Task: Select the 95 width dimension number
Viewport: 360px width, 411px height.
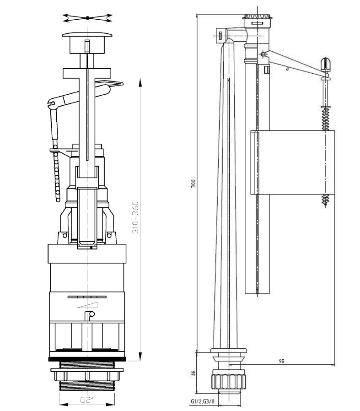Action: click(x=281, y=361)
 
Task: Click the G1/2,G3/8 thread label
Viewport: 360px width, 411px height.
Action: click(x=202, y=402)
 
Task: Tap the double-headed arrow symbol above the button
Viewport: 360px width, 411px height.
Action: click(x=87, y=18)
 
